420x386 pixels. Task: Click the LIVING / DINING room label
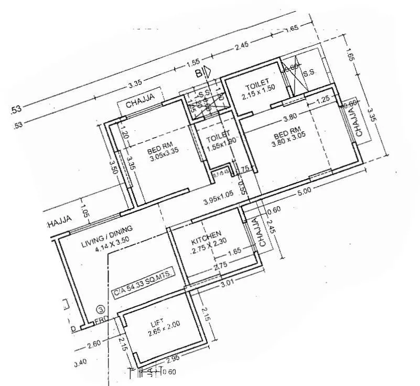coord(107,237)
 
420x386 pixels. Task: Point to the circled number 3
coord(100,310)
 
